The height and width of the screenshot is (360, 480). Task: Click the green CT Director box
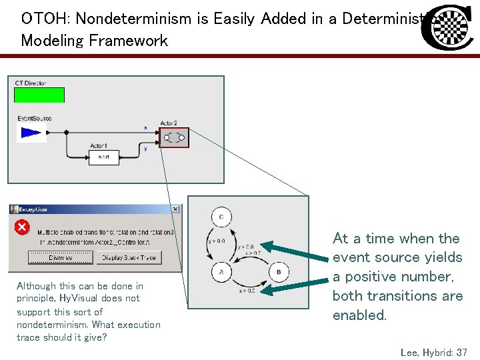tap(39, 95)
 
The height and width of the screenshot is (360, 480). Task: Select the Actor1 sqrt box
tap(103, 157)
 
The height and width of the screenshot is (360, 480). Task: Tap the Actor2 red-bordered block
tap(174, 137)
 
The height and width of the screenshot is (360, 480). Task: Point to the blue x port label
tap(145, 127)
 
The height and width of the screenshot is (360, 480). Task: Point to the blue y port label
tap(145, 149)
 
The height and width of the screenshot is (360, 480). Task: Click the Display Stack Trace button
tap(129, 257)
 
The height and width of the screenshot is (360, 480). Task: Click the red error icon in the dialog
tap(22, 227)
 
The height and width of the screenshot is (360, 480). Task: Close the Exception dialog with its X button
tap(175, 209)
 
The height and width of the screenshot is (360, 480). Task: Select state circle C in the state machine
tap(221, 217)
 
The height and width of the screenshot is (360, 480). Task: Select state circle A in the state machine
tap(221, 272)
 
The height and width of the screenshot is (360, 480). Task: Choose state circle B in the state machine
tap(279, 272)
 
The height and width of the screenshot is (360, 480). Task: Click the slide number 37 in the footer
tap(461, 352)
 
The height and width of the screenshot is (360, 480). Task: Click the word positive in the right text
tap(377, 277)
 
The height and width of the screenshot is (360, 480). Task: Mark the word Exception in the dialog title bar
tap(34, 209)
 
